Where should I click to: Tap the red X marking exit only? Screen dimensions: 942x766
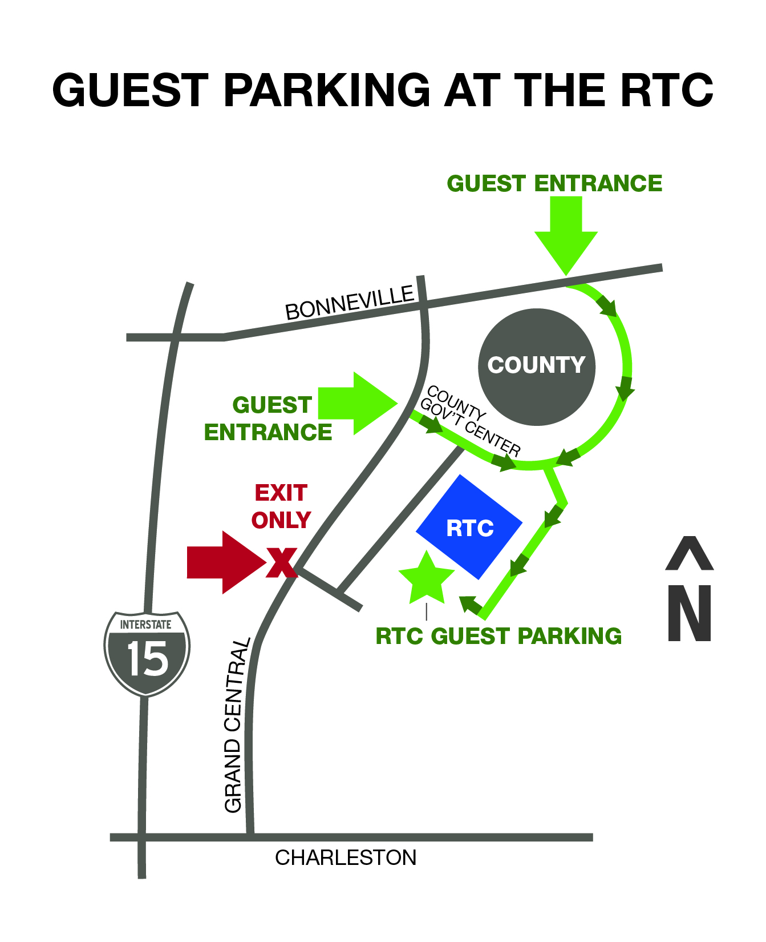(282, 562)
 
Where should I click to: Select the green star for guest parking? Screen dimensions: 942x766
(427, 579)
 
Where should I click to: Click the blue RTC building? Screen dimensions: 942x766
(469, 527)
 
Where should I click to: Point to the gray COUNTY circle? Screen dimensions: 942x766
(536, 367)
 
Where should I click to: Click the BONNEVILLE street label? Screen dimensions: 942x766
(350, 303)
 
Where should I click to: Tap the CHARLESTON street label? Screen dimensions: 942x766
(346, 858)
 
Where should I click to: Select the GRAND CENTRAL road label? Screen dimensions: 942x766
(236, 725)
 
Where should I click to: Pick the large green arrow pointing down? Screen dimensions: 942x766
(566, 234)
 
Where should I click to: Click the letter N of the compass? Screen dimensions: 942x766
(690, 613)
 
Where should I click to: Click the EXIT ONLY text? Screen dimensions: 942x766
(281, 506)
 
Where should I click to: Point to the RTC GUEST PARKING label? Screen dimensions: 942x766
(498, 636)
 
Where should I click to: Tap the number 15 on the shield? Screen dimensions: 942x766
(148, 659)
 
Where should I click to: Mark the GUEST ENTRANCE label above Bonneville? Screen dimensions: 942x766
(554, 184)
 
